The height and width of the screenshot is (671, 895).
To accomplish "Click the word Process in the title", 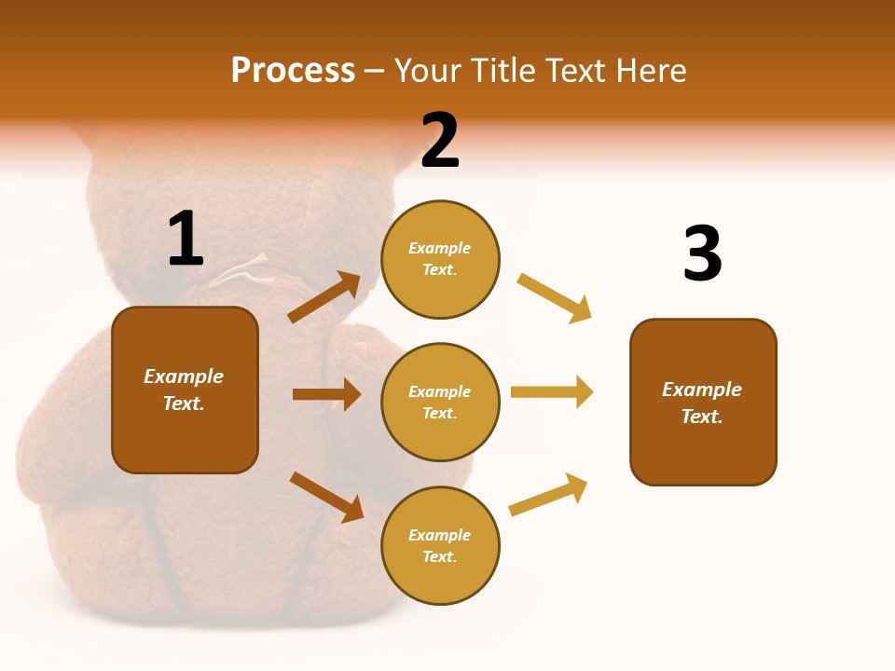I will (x=293, y=71).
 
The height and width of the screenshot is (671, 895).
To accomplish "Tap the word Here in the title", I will (x=646, y=71).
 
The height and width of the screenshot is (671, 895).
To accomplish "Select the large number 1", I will (x=185, y=240).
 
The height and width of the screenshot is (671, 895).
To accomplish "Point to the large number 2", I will (x=440, y=141).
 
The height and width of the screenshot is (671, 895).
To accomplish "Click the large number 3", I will (x=702, y=253).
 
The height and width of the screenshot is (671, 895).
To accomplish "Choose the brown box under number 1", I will (x=185, y=390).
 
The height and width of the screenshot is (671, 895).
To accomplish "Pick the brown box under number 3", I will (x=703, y=402).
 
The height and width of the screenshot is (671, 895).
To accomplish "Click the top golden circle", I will (x=440, y=259).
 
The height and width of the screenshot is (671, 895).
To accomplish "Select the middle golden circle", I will (x=440, y=402).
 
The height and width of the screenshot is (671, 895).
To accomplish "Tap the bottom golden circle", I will (x=440, y=545).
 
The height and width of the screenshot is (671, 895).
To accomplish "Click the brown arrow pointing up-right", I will (x=324, y=297).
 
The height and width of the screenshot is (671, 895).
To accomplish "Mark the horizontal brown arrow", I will (x=326, y=394).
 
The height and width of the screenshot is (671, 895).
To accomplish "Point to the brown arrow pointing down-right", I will (x=326, y=497).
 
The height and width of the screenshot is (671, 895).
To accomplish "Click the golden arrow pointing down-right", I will (x=555, y=298).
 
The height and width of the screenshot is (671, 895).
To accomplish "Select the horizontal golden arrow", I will (x=552, y=391).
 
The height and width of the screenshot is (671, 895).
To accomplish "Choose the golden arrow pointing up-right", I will (x=548, y=495).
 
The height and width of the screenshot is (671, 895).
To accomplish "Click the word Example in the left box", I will (x=184, y=377).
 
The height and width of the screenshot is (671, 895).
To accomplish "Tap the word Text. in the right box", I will (x=702, y=417).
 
